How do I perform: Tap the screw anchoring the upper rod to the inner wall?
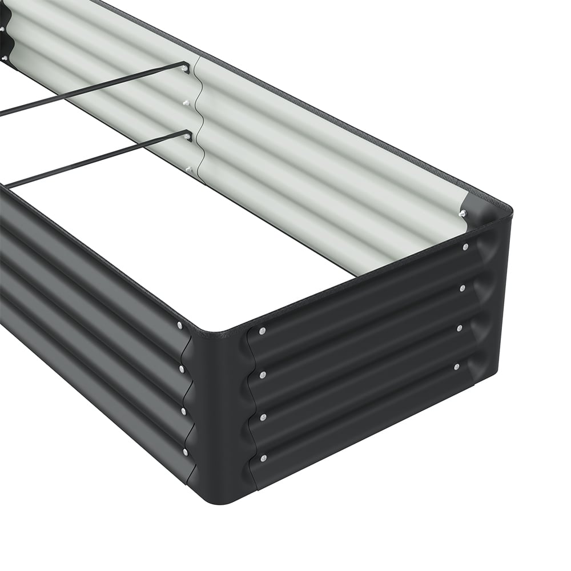pos(186,69)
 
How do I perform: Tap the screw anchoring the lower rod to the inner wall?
pos(188,136)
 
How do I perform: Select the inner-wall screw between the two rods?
pos(186,103)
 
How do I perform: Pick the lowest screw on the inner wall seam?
pos(189,170)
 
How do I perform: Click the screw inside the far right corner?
pos(462,214)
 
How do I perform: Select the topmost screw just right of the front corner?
pos(262,331)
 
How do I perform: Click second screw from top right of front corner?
pos(263,375)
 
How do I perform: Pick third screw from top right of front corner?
pos(263,417)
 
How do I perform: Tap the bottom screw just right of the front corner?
pos(263,458)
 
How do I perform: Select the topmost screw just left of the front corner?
pos(180,325)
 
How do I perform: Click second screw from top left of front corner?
pos(182,369)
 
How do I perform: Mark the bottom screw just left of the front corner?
pos(186,452)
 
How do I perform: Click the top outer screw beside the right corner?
pos(465,247)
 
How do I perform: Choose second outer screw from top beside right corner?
pos(462,288)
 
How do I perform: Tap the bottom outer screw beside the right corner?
pos(456,367)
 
